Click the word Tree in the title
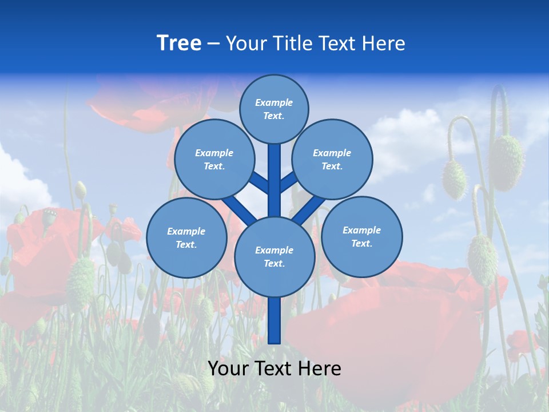(179, 43)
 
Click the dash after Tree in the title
(213, 44)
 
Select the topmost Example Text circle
(274, 109)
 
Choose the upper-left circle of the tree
(214, 159)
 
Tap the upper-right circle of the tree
(332, 159)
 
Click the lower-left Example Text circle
(186, 237)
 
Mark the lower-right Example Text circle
(361, 236)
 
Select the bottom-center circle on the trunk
(274, 256)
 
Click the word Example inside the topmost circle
(274, 102)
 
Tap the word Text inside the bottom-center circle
(274, 263)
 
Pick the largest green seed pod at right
(506, 163)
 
